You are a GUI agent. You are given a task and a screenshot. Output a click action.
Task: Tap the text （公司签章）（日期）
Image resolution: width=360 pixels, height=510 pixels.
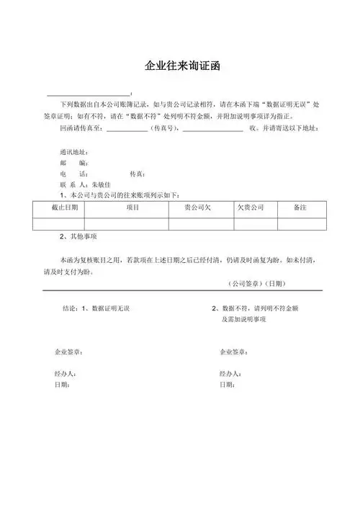258,283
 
